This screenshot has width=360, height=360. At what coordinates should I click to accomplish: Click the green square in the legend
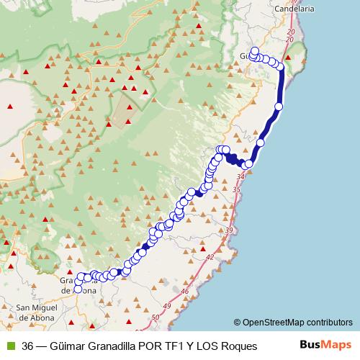tap(10, 346)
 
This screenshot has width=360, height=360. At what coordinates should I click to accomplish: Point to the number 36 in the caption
tap(27, 346)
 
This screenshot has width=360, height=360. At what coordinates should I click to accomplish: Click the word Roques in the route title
tap(240, 346)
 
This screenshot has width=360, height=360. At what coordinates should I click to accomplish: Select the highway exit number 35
tap(236, 189)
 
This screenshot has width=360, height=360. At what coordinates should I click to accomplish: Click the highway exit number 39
tap(229, 230)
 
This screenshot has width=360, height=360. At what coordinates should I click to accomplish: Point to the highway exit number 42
tap(210, 256)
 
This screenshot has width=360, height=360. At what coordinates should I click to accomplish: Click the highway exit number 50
tap(156, 317)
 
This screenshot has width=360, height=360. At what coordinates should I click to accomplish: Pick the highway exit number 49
tap(168, 307)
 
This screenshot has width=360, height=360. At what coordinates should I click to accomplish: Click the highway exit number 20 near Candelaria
tap(289, 33)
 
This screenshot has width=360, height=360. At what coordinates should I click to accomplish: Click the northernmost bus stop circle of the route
tap(255, 51)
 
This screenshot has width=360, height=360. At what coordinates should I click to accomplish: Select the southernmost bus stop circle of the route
tap(78, 289)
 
